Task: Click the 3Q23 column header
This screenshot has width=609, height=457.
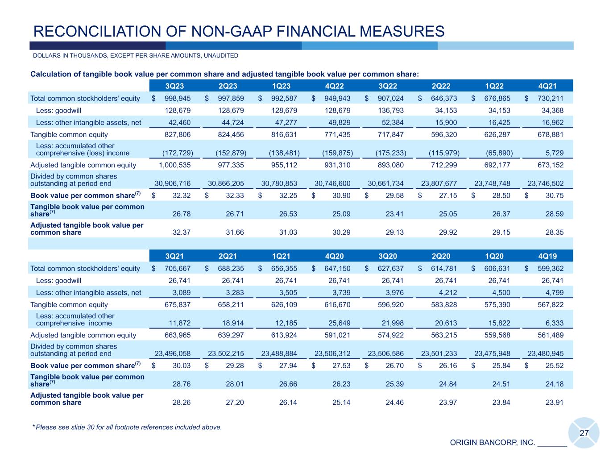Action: tap(174, 86)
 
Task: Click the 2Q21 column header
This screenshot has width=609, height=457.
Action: tap(228, 256)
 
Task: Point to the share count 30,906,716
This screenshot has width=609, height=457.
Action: tap(173, 183)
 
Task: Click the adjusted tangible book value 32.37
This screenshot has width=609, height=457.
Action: tap(182, 232)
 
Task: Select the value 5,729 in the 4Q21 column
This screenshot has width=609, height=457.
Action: tap(555, 153)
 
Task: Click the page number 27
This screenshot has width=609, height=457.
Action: tap(584, 433)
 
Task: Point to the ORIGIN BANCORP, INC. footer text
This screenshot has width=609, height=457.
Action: tap(492, 443)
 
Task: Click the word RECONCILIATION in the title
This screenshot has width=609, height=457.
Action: tap(95, 31)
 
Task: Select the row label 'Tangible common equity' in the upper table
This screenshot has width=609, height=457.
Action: tap(69, 134)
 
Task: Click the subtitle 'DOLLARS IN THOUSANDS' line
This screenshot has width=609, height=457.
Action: tap(135, 56)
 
